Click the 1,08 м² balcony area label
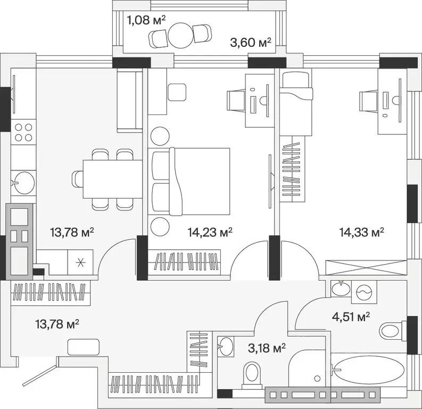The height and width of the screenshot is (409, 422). coord(146,20)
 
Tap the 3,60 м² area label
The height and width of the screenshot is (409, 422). coord(251,43)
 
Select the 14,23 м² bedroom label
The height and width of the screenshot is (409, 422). coord(210,232)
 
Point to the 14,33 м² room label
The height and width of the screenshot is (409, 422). coord(361,232)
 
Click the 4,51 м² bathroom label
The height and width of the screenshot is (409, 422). coord(350,317)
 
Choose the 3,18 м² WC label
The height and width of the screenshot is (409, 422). coord(267,348)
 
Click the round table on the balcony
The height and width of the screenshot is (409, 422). coord(181,35)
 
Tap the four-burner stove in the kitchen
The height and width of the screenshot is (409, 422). coord(23,132)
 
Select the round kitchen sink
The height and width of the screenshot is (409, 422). coord(24,183)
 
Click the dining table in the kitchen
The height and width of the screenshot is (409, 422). coord(112,179)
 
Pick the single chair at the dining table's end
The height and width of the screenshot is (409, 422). coord(78,179)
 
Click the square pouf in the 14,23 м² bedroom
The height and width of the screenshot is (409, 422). coord(177,92)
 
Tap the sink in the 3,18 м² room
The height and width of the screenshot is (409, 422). coord(226,346)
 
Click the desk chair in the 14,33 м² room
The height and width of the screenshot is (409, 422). coord(369,101)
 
